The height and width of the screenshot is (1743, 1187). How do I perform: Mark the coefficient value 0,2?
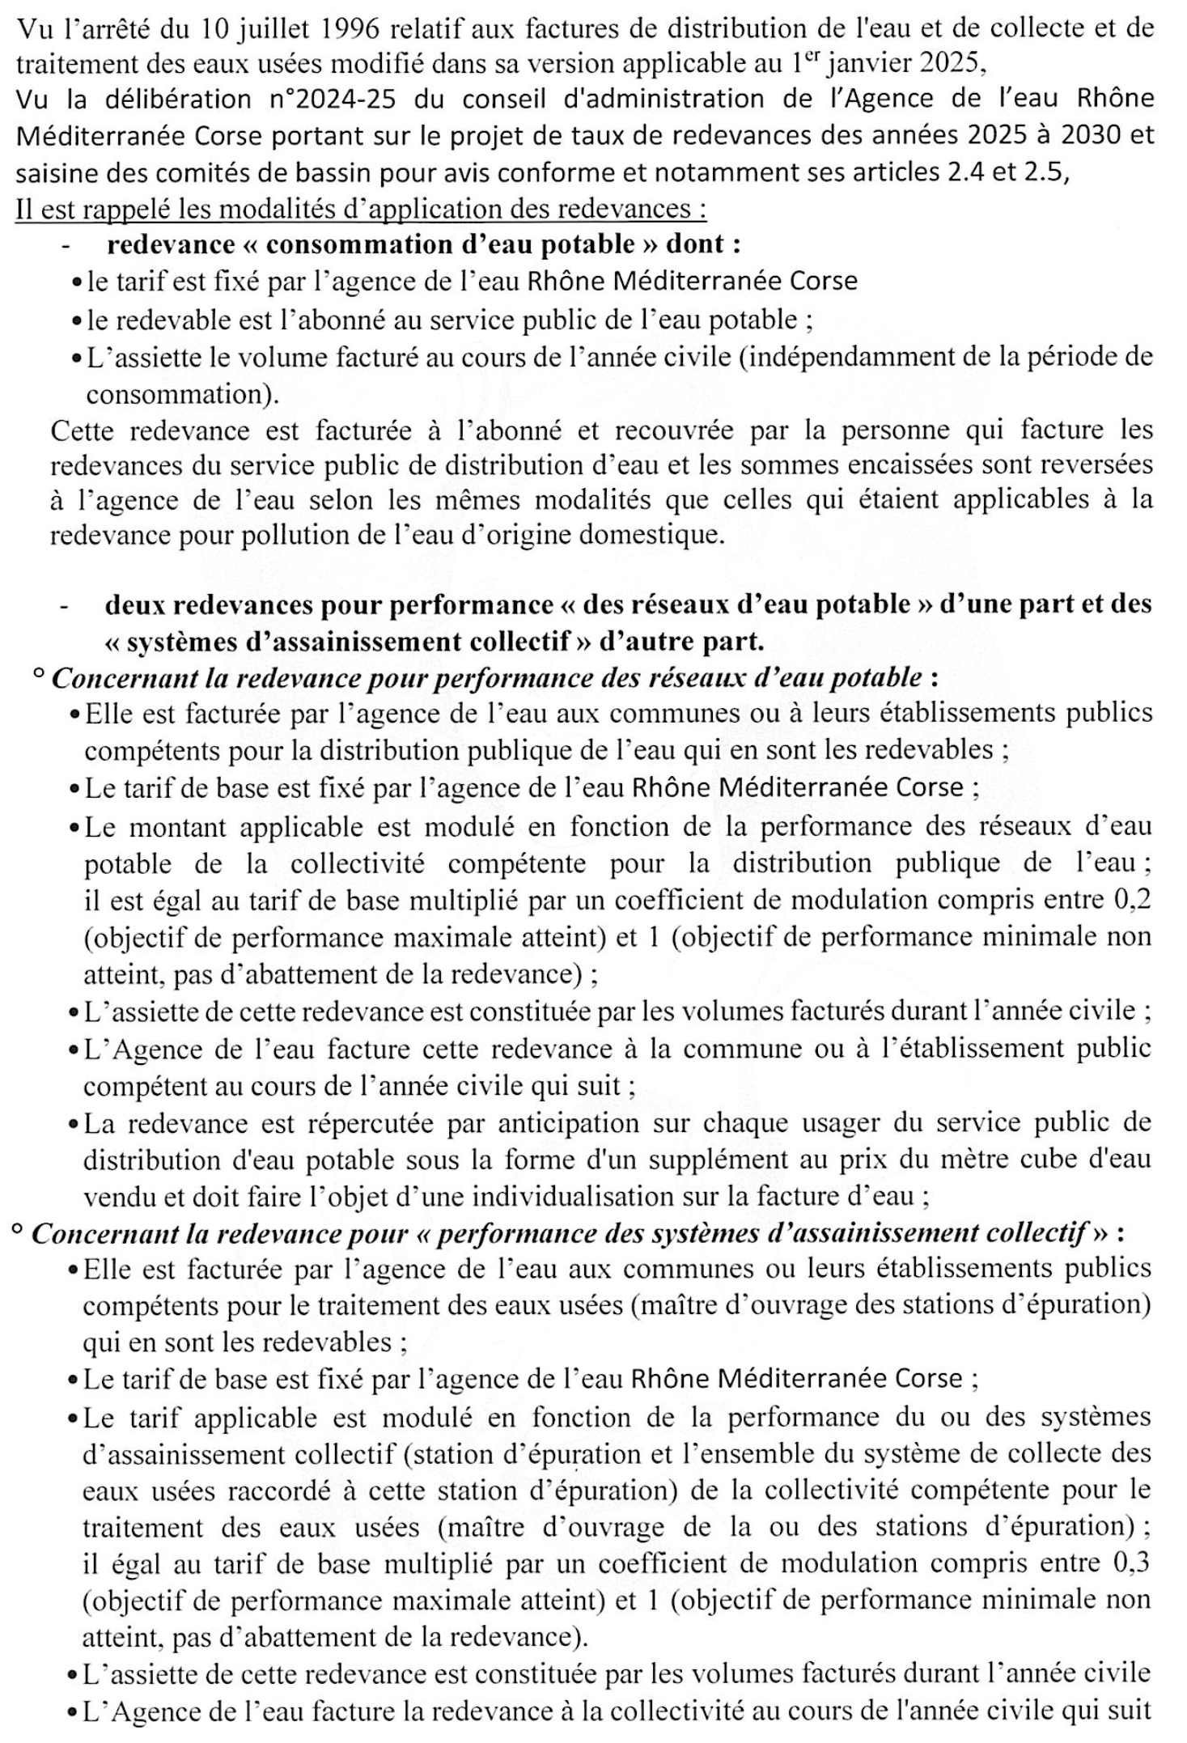coord(1133,899)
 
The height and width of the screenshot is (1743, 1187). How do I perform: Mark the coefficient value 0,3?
coord(1132,1563)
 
